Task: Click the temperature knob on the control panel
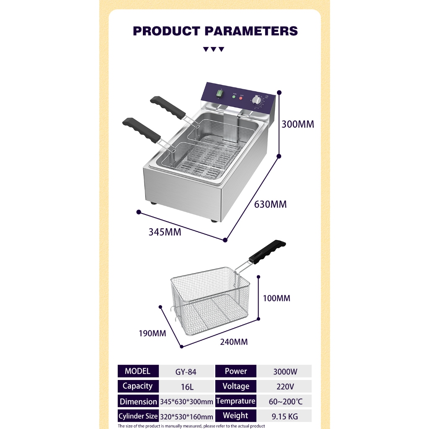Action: tap(257, 101)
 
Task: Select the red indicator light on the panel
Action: tap(241, 98)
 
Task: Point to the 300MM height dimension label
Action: tap(298, 124)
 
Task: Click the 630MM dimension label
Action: tap(270, 204)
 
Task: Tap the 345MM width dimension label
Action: tap(165, 232)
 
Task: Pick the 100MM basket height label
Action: tap(277, 298)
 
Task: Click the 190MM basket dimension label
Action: tap(152, 333)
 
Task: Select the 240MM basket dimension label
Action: tap(234, 342)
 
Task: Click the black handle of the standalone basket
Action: tap(267, 252)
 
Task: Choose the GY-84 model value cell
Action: tap(186, 372)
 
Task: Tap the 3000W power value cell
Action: tap(285, 372)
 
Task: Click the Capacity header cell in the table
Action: tap(138, 386)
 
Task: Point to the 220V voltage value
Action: tap(285, 386)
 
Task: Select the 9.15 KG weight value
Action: tap(285, 416)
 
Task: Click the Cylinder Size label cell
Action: tap(138, 416)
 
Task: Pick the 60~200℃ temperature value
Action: tap(286, 401)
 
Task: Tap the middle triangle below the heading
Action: tap(214, 49)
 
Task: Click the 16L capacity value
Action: tap(187, 387)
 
